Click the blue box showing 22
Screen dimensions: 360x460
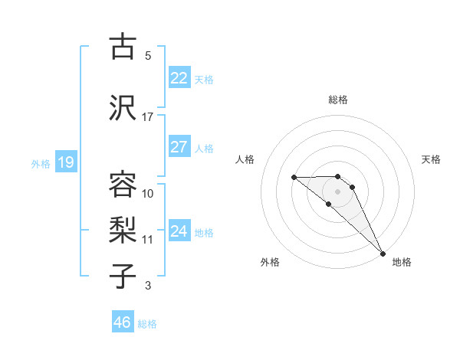point(179,78)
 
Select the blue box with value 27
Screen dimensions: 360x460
point(179,147)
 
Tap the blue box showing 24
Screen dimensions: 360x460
point(179,231)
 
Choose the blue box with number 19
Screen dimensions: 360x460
point(65,162)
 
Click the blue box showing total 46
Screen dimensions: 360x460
point(123,322)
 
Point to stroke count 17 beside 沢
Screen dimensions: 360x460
point(148,117)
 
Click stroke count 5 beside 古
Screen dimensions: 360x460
point(148,56)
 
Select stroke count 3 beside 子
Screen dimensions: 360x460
point(148,286)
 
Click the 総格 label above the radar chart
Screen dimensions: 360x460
point(338,100)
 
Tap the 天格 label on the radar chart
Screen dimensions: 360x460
point(431,159)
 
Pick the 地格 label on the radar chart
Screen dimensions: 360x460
point(402,262)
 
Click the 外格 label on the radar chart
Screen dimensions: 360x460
point(270,262)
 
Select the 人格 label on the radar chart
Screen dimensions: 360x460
point(245,159)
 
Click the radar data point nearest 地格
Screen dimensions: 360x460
point(383,253)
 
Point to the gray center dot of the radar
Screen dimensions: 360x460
point(338,191)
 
